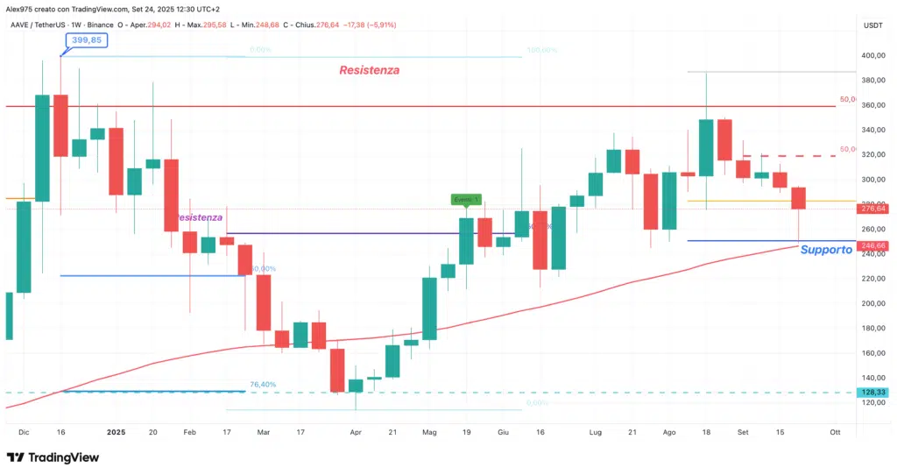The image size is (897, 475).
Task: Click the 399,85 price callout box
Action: point(86,39)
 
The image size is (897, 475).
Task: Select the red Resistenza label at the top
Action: point(369,70)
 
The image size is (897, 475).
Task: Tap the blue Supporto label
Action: point(826,250)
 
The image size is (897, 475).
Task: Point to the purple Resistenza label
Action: point(198,216)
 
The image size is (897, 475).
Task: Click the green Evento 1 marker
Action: point(466,200)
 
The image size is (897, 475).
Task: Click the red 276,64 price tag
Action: point(874,209)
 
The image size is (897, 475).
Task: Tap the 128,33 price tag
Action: point(874,393)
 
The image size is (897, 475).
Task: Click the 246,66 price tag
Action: point(874,246)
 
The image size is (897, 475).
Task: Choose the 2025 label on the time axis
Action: point(116,432)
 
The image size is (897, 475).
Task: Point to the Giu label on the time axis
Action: point(503,432)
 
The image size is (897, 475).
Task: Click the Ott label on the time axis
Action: point(835,432)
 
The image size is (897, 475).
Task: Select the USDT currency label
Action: point(872,26)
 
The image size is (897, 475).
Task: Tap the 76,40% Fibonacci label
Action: point(263,384)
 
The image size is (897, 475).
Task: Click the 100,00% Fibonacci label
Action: point(543,50)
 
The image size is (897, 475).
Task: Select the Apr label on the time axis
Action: point(355,432)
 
